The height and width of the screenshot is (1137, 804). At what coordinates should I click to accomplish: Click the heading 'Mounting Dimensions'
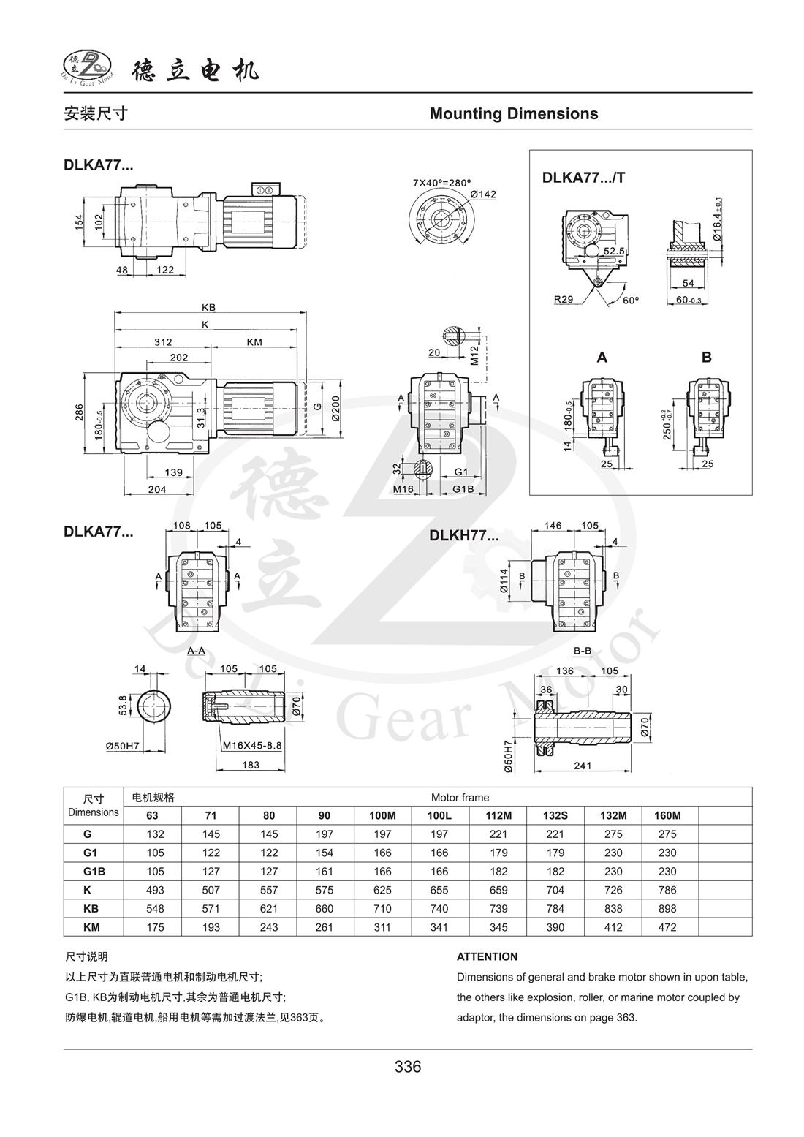[513, 113]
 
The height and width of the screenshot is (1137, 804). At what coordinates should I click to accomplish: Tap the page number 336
[407, 1067]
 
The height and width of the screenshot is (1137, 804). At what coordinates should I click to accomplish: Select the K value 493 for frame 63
[155, 890]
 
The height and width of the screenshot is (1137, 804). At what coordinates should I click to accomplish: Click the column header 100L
[439, 815]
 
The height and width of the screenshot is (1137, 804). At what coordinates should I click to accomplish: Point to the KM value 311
[382, 927]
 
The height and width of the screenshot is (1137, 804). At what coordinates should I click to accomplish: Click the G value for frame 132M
[613, 834]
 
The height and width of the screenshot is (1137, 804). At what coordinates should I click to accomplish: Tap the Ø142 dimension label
[483, 194]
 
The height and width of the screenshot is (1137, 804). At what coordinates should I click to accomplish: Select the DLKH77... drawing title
[464, 535]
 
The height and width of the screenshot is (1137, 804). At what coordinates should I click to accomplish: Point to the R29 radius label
[564, 299]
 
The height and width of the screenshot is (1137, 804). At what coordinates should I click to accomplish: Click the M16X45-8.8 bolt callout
[252, 746]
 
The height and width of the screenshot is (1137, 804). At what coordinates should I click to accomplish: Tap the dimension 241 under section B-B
[582, 766]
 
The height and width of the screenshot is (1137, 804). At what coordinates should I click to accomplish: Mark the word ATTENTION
[487, 956]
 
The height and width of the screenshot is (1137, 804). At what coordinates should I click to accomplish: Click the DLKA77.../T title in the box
[583, 177]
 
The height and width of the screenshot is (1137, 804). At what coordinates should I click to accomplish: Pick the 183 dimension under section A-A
[250, 765]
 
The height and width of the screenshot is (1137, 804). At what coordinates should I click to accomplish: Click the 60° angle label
[630, 300]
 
